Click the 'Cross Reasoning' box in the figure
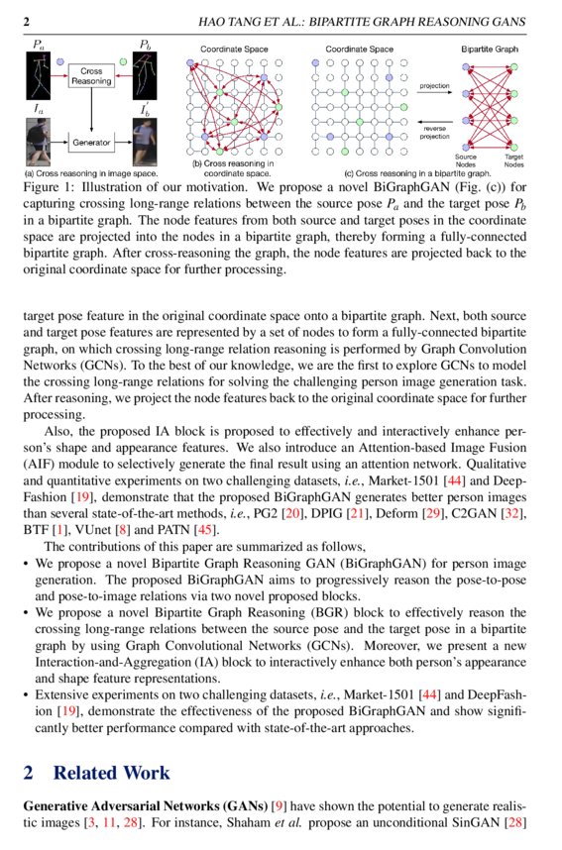coord(91,77)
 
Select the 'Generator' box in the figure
coord(91,143)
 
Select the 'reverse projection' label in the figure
coord(434,132)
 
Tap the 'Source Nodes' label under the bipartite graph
coord(465,160)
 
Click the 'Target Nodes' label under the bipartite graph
coord(513,160)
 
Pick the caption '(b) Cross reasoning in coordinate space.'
coord(236,169)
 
